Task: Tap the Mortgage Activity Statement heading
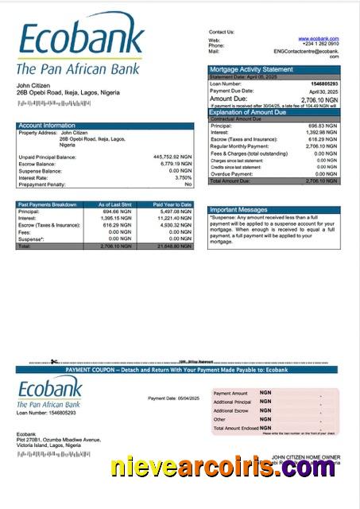tap(250, 70)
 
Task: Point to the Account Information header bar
tap(104, 126)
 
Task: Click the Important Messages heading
tap(238, 210)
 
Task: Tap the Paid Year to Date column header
tap(172, 204)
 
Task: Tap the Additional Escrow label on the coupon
tap(230, 410)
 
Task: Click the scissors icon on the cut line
tap(54, 363)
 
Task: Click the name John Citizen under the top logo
tap(33, 85)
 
